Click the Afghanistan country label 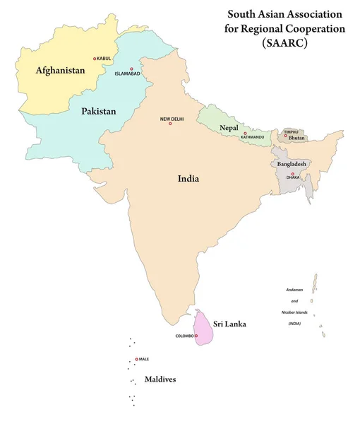[60, 71]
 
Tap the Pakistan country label [99, 111]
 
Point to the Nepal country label [228, 127]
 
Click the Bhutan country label [297, 137]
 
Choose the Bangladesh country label [292, 163]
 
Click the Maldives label [160, 379]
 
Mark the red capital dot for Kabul [95, 59]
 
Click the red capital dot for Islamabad [131, 69]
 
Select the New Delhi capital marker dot [170, 124]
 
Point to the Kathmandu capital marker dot [245, 133]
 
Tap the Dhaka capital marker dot [292, 173]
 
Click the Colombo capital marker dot [198, 336]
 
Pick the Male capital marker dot [136, 359]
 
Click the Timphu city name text [292, 131]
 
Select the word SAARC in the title [287, 42]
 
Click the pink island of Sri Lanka [205, 329]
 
